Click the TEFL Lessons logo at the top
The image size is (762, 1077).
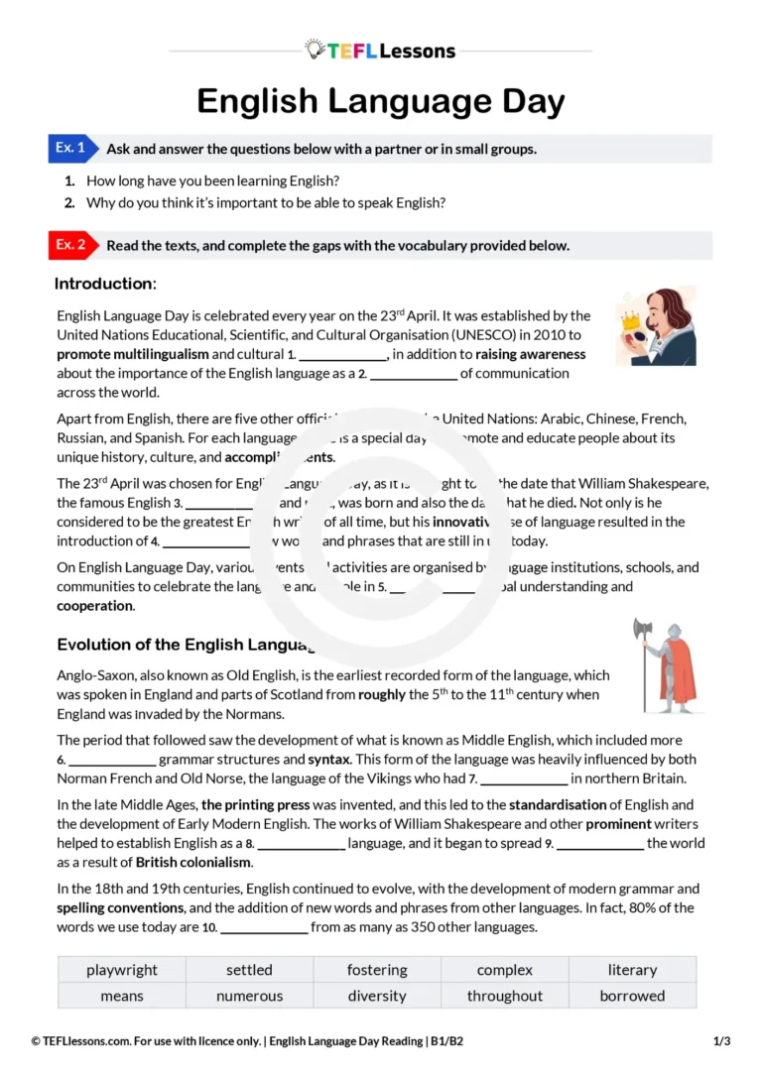click(380, 51)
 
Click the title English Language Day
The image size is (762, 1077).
click(380, 102)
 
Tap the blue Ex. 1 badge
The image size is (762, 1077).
click(72, 149)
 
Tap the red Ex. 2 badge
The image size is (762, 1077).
click(72, 245)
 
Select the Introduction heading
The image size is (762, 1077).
click(105, 285)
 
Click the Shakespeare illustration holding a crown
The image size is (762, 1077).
click(656, 326)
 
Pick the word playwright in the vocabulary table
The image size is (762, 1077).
click(121, 970)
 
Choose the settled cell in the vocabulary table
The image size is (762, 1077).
click(249, 970)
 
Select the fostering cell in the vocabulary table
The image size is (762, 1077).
click(377, 970)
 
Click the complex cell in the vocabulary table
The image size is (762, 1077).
click(505, 970)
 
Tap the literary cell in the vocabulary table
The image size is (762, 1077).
click(632, 970)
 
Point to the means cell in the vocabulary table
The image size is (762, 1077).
click(121, 996)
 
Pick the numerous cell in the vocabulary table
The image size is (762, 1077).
click(249, 996)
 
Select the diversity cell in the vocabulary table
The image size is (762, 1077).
click(377, 996)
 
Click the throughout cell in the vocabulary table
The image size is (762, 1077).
click(505, 996)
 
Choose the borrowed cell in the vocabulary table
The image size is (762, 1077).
click(632, 996)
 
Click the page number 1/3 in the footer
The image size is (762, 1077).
click(722, 1041)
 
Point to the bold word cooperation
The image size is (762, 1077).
click(94, 605)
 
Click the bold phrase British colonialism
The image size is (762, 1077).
click(193, 862)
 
